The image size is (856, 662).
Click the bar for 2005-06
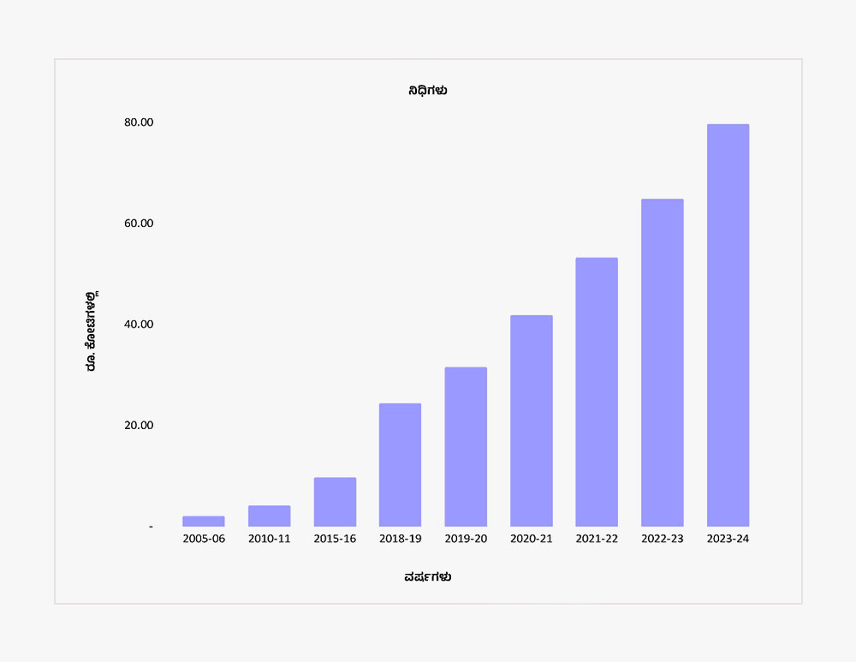point(204,521)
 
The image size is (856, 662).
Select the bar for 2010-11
point(269,516)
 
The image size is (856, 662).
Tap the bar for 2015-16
point(335,502)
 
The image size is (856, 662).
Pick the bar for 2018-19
point(400,465)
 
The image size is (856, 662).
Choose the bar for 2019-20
point(466,447)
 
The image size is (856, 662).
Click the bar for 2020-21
point(531,420)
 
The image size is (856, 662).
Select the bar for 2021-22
point(597,392)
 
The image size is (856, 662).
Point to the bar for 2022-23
point(662,363)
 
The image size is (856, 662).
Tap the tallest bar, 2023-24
point(728,325)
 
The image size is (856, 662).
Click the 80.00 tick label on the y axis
point(139,122)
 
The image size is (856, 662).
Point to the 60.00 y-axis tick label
point(139,224)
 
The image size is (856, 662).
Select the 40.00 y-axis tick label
point(139,325)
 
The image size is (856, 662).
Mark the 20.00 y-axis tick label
point(139,426)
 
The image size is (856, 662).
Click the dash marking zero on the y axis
point(151,527)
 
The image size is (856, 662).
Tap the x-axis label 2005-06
point(204,540)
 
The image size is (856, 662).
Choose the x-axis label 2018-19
point(400,540)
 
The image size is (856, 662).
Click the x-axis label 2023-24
point(728,540)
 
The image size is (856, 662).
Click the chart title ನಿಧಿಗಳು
point(428,91)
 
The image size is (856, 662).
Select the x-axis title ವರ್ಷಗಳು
point(428,577)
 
